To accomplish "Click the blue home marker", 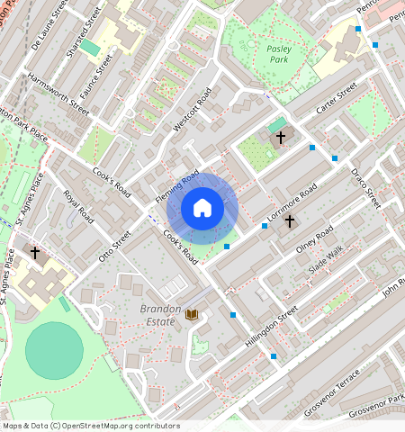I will click(202, 209).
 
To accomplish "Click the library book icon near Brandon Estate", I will click(191, 314).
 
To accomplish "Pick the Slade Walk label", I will click(325, 261).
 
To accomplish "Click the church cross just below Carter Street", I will click(281, 138).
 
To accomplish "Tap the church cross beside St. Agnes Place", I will click(35, 253).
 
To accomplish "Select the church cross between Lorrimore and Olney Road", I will click(290, 220).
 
